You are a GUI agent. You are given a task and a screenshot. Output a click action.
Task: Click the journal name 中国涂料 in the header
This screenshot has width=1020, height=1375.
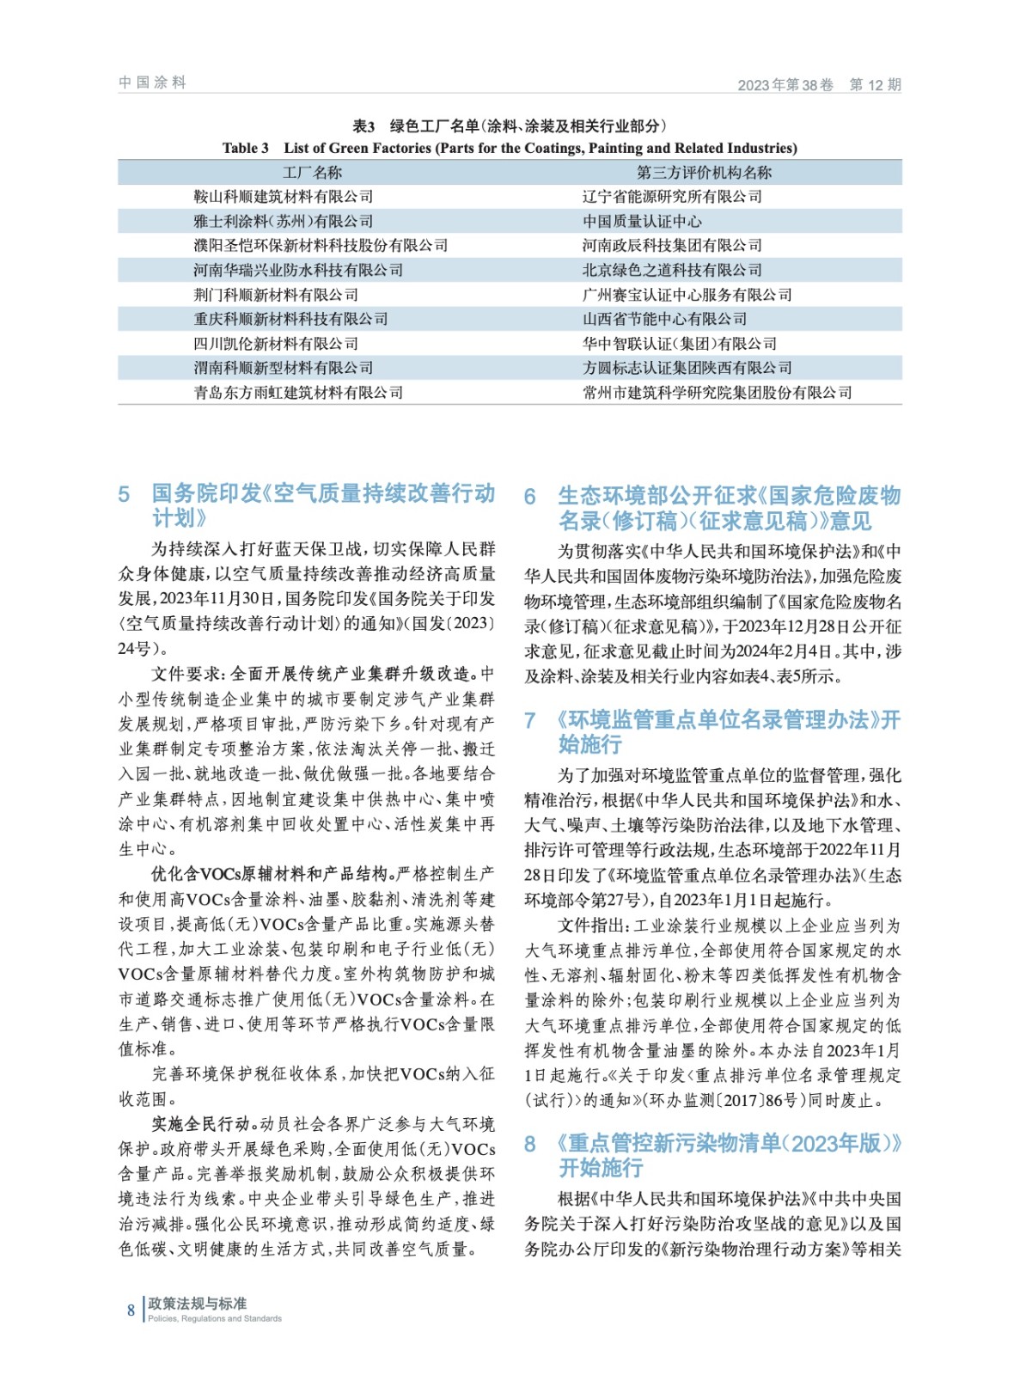click(x=152, y=82)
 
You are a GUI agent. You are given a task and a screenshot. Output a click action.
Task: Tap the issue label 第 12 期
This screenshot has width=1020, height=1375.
click(x=875, y=84)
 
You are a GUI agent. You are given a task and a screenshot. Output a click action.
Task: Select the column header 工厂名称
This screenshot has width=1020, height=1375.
click(x=312, y=173)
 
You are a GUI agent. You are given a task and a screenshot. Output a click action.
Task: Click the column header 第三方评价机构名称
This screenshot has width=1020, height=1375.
click(x=704, y=173)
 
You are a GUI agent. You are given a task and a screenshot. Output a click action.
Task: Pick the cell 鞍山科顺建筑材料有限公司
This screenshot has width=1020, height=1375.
click(x=283, y=197)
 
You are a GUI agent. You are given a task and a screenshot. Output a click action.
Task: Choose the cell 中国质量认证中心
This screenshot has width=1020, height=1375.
click(x=642, y=222)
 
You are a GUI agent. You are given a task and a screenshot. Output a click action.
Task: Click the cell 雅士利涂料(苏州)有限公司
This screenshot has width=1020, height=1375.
click(x=283, y=222)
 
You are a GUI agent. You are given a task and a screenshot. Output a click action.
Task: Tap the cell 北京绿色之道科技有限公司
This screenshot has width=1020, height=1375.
click(x=672, y=271)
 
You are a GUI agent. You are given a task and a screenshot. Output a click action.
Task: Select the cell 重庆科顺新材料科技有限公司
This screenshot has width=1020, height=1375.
click(x=290, y=320)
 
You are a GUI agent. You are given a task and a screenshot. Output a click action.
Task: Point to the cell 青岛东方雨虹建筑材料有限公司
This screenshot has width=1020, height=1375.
click(x=298, y=393)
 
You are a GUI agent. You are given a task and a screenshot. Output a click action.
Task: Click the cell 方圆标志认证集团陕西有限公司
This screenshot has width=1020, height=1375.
click(x=687, y=369)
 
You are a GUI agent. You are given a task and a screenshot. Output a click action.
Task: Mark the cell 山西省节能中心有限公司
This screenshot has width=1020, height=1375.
click(x=664, y=320)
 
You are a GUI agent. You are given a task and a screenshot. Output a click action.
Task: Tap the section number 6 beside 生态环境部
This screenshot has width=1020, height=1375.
click(x=530, y=497)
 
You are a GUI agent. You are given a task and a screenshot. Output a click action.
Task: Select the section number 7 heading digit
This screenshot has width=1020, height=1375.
click(x=530, y=720)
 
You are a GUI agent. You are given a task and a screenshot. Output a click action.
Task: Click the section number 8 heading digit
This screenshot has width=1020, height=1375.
click(x=530, y=1144)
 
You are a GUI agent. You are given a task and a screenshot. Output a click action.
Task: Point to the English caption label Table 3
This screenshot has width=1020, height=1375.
click(x=245, y=148)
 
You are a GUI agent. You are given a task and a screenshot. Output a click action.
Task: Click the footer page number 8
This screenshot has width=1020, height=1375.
click(x=131, y=1311)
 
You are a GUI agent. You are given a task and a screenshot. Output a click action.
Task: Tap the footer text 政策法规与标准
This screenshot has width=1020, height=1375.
click(x=197, y=1304)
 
